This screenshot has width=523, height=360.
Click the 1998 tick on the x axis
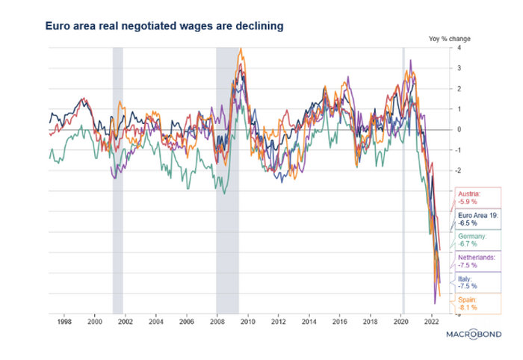(64, 322)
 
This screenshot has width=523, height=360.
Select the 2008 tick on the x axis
(217, 322)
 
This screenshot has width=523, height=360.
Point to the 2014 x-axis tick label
(309, 322)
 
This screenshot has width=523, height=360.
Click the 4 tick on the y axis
(458, 48)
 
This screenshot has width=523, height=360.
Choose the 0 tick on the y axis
(458, 130)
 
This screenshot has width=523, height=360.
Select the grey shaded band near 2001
(117, 179)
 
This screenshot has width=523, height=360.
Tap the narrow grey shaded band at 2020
(403, 179)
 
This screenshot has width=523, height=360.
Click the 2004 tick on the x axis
(155, 322)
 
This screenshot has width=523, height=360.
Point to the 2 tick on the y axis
(458, 89)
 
